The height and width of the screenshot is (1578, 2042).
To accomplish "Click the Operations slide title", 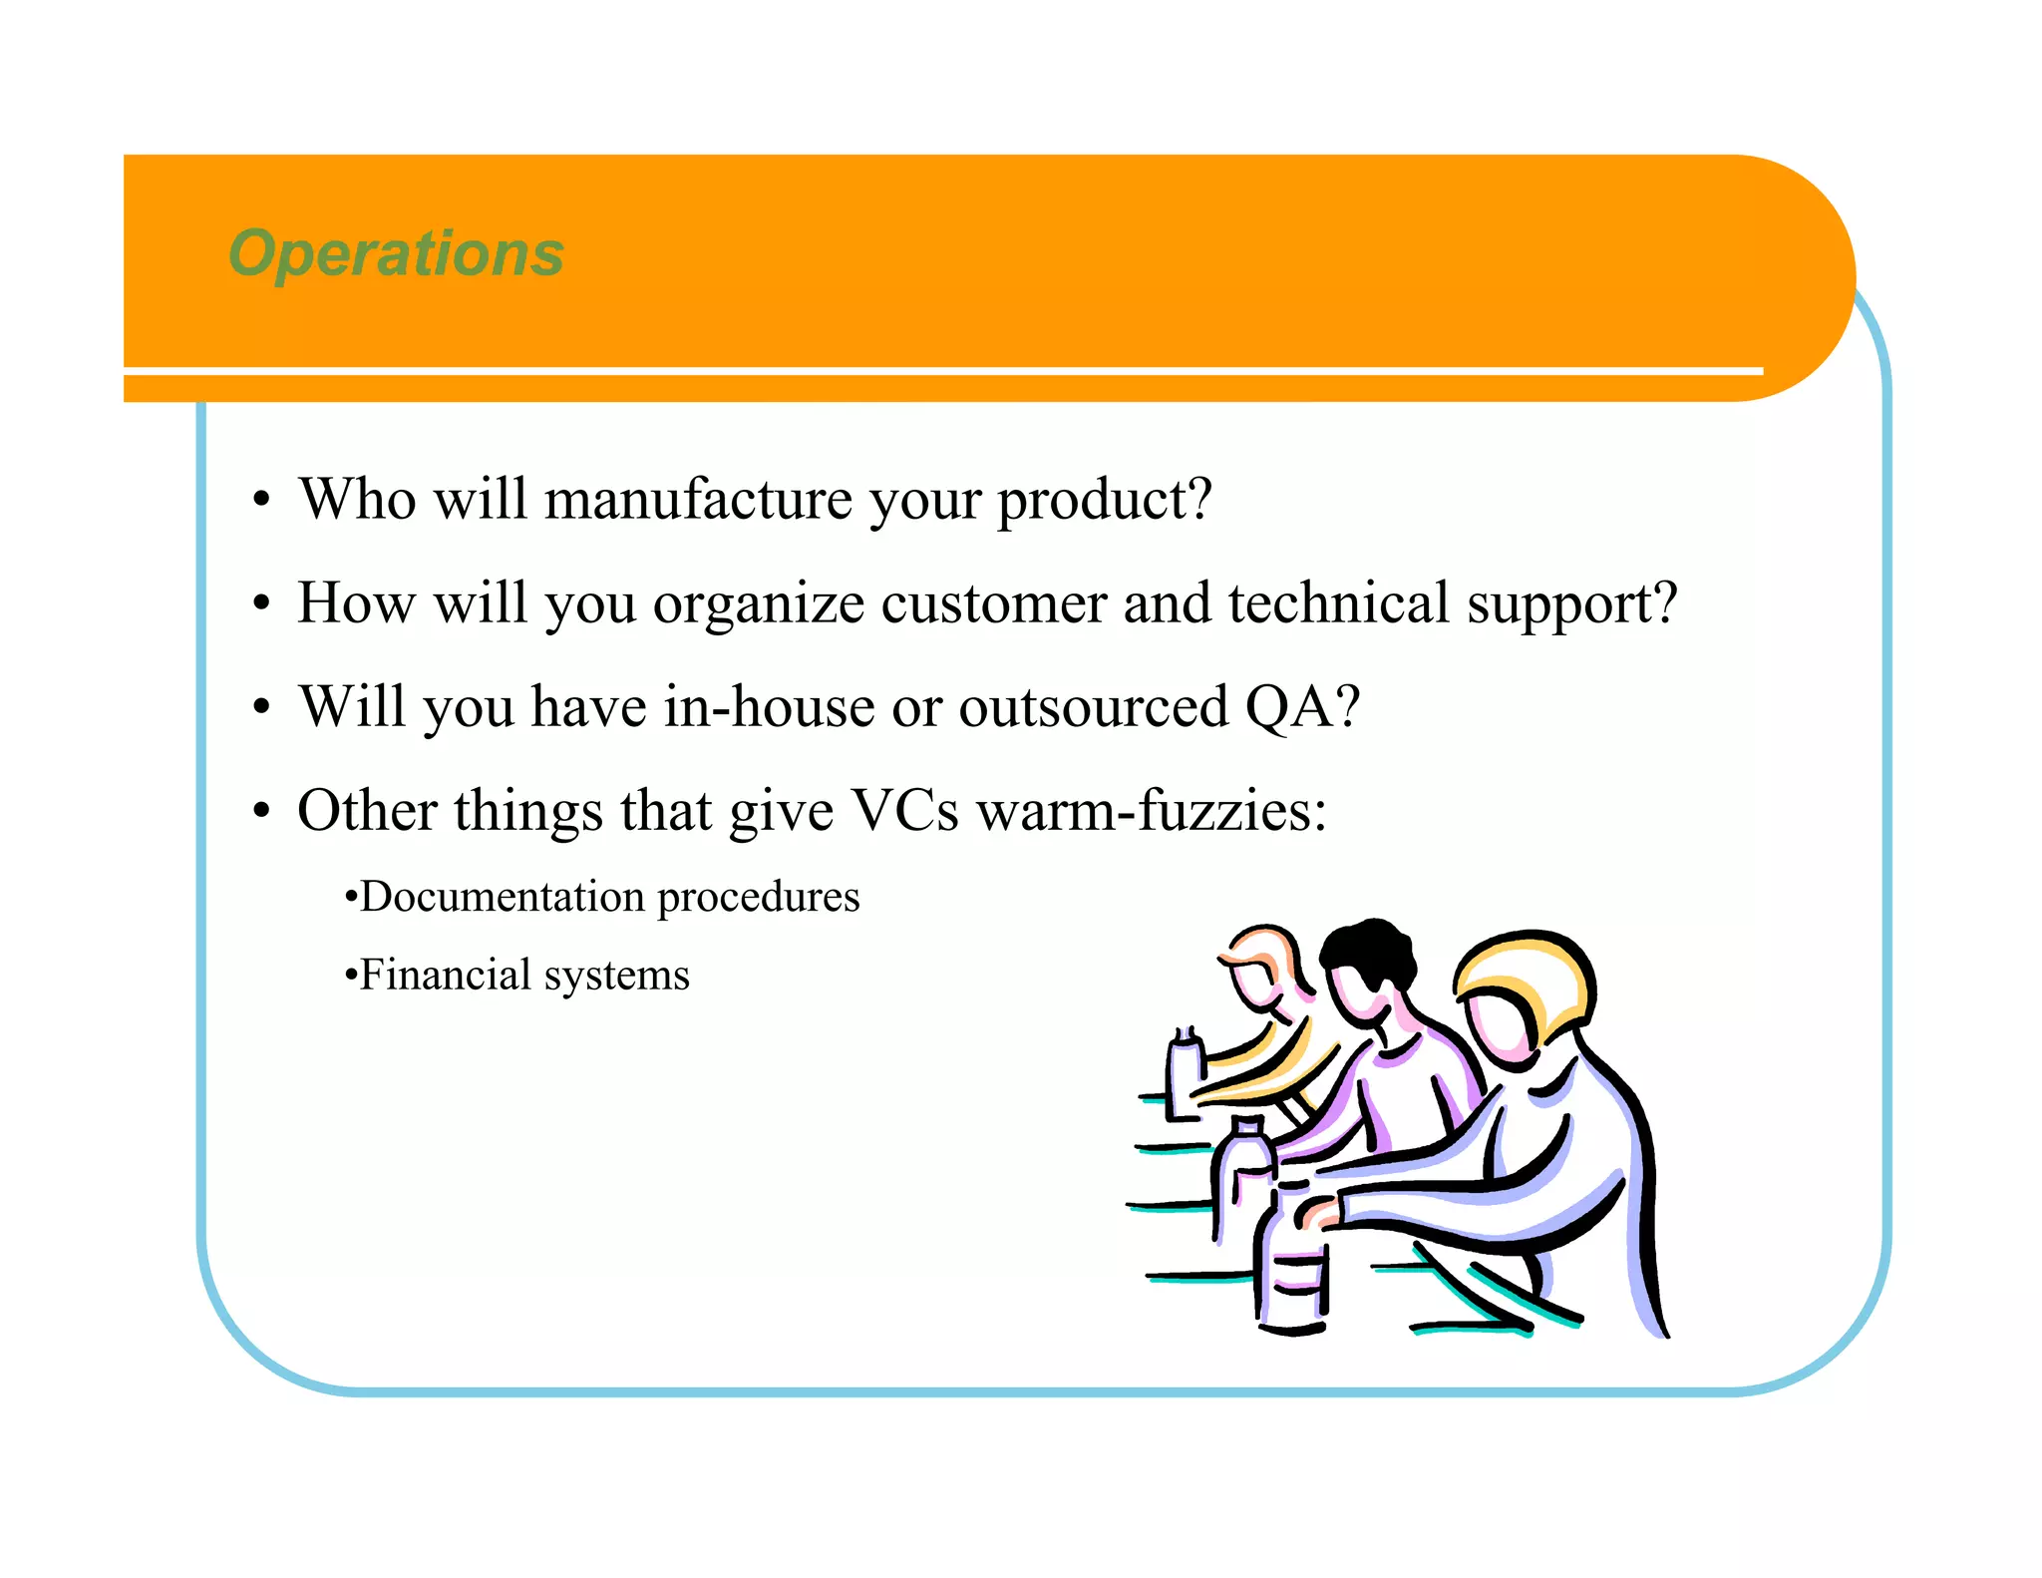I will pyautogui.click(x=396, y=253).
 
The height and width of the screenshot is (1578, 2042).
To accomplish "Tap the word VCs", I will pyautogui.click(x=903, y=810).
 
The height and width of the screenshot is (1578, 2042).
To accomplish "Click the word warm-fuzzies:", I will pyautogui.click(x=1152, y=810).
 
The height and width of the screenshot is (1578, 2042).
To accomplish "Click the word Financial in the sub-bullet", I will pyautogui.click(x=445, y=975).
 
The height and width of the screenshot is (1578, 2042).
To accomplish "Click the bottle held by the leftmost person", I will pyautogui.click(x=1185, y=1077).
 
